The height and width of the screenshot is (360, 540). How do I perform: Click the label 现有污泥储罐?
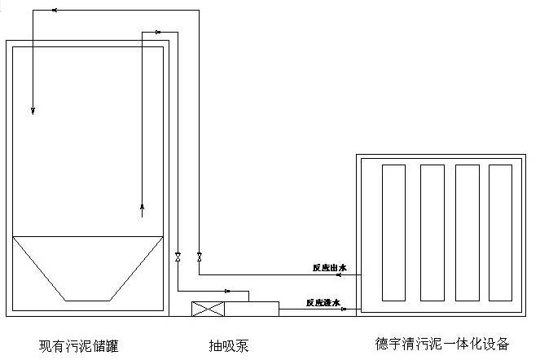pos(79,345)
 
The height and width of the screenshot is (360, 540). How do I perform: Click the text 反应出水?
pos(330,267)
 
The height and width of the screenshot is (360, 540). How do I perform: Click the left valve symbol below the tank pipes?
pos(178,257)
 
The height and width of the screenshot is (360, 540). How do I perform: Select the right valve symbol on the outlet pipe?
pos(200,257)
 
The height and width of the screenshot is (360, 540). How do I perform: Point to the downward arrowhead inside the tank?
pos(33,109)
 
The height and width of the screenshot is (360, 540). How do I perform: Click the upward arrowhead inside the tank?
pos(143,206)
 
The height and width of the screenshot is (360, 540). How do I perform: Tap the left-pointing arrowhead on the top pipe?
pos(54,11)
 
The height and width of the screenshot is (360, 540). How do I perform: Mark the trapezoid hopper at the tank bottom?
pos(87,267)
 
